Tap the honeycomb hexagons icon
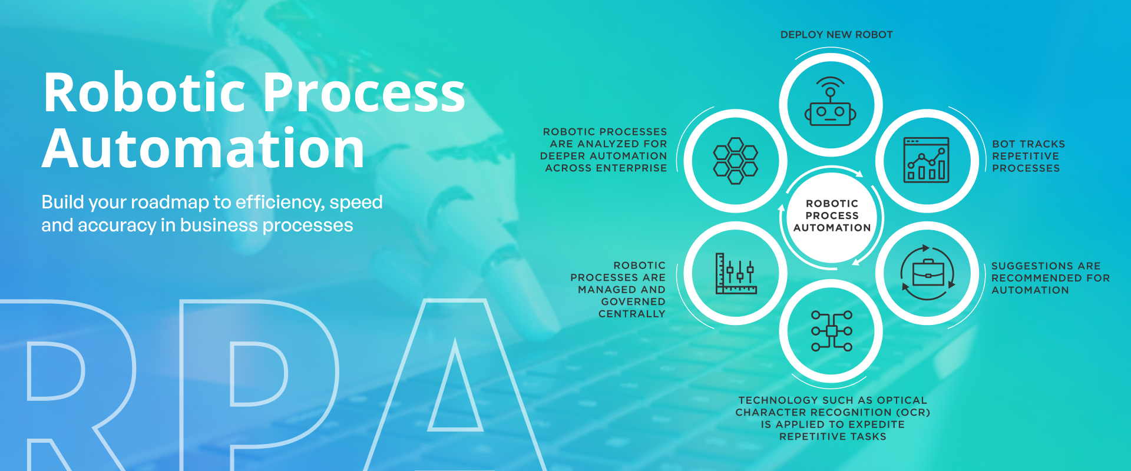[735, 161]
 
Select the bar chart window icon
[927, 160]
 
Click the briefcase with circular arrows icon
[928, 273]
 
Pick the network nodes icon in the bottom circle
[831, 331]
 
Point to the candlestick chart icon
[736, 273]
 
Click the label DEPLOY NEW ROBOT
[836, 35]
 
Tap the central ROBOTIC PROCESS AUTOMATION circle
[832, 216]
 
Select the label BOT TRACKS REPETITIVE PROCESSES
[1029, 156]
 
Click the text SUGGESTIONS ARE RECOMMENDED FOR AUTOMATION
[1050, 278]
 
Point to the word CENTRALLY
[631, 314]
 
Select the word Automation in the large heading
[203, 148]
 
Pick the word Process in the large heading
[363, 92]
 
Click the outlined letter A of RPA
[455, 383]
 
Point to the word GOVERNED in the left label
[633, 301]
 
